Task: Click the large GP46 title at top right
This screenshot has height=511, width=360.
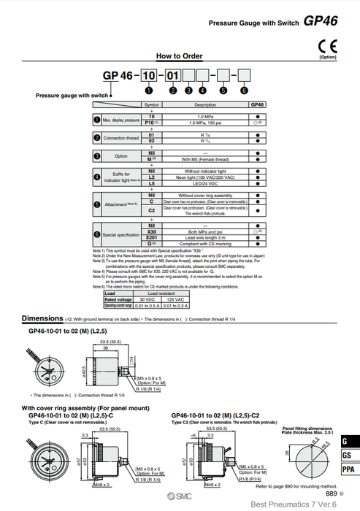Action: pyautogui.click(x=321, y=22)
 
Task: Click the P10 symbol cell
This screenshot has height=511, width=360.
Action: pyautogui.click(x=152, y=123)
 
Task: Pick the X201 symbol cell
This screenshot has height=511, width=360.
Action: pyautogui.click(x=152, y=237)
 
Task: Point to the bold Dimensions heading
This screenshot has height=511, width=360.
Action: pyautogui.click(x=42, y=318)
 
